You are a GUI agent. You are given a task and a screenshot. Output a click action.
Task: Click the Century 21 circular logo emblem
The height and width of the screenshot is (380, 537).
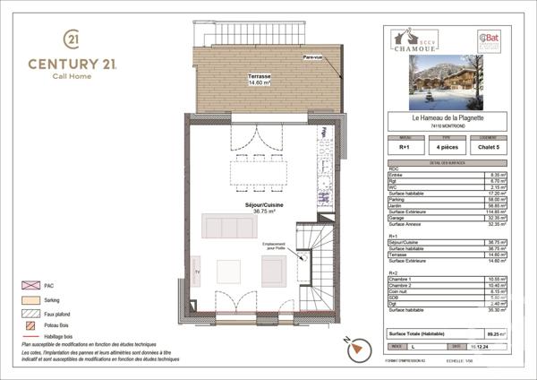click(x=70, y=40)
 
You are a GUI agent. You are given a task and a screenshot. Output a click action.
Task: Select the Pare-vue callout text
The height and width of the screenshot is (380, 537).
click(x=314, y=58)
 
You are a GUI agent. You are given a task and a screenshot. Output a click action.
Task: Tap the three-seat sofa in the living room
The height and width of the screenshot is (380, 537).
click(x=229, y=226)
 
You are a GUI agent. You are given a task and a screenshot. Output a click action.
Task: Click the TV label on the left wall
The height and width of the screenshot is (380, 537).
click(x=199, y=270)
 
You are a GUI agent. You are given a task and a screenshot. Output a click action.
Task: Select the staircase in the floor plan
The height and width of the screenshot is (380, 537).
click(x=314, y=269)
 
